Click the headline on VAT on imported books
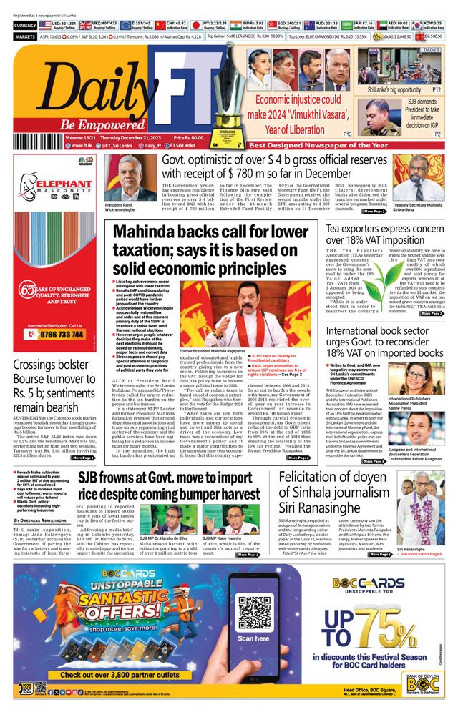pyautogui.click(x=385, y=342)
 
